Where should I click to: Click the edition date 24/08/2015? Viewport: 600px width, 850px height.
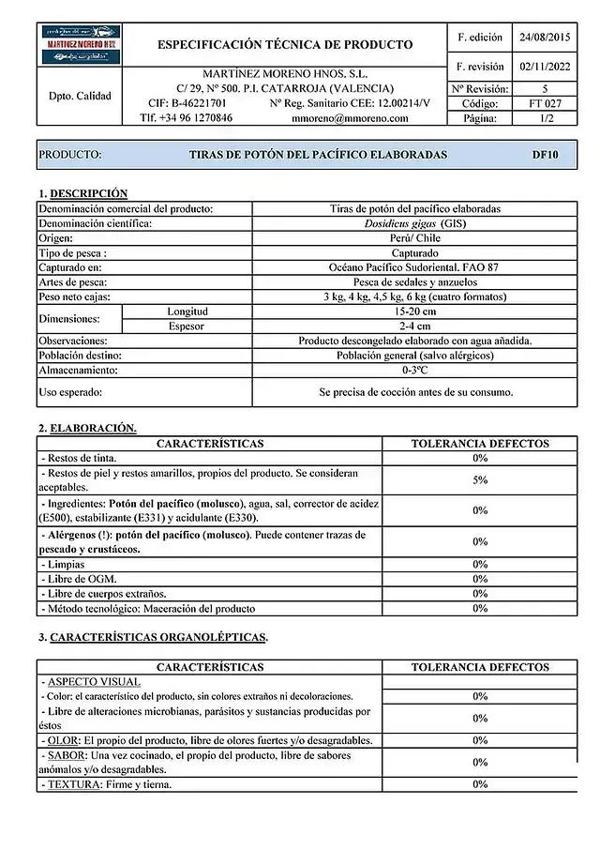coord(545,38)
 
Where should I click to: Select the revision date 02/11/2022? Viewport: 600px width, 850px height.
coord(545,67)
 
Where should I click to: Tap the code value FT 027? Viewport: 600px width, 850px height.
coord(545,103)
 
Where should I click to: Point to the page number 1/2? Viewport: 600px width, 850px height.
coord(545,118)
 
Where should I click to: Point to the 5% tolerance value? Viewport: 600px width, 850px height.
coord(480,480)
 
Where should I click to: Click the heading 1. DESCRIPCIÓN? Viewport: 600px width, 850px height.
coord(82,192)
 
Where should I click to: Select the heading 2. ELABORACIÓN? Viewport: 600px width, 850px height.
coord(87,428)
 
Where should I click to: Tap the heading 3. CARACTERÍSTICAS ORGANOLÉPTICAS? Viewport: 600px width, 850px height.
coord(153,638)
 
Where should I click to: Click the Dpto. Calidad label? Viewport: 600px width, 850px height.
coord(79,96)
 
